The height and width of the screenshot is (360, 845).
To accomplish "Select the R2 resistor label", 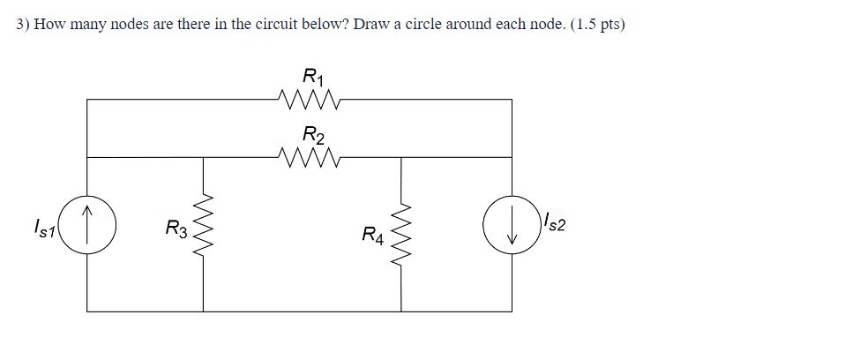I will click(x=312, y=135).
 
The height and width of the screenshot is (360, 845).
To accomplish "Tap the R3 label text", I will click(x=176, y=232).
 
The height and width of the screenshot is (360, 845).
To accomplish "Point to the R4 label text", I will click(x=372, y=235).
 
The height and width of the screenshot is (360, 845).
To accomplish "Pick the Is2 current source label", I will click(x=553, y=224).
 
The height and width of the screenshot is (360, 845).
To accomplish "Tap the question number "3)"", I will click(x=23, y=24).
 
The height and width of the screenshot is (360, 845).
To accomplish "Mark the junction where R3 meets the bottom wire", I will click(x=205, y=311).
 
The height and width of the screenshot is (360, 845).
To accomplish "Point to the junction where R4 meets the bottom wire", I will click(x=404, y=311).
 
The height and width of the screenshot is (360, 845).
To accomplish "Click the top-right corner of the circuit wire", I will click(x=512, y=100).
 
